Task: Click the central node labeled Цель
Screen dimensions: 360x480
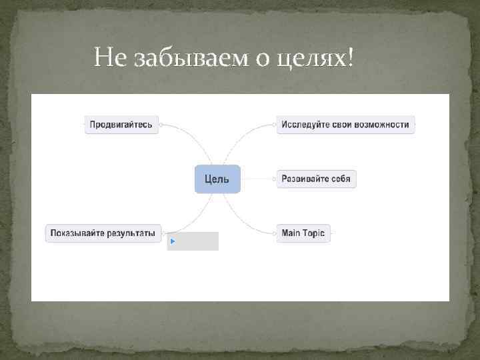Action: pyautogui.click(x=217, y=179)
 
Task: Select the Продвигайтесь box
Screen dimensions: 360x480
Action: pyautogui.click(x=121, y=125)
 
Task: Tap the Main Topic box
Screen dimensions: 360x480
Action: pyautogui.click(x=303, y=233)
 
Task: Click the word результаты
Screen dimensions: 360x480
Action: pyautogui.click(x=133, y=233)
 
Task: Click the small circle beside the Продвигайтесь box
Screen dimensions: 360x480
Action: pyautogui.click(x=161, y=125)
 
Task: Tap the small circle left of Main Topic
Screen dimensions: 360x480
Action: pyautogui.click(x=275, y=233)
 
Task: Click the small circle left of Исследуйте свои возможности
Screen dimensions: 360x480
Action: pyautogui.click(x=275, y=125)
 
